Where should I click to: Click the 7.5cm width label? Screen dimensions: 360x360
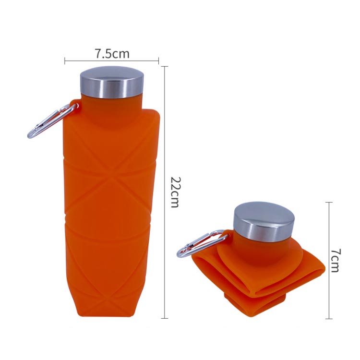coord(112,54)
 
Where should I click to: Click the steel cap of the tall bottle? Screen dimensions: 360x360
coord(112,83)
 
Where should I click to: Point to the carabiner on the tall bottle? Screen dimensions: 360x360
coord(52,121)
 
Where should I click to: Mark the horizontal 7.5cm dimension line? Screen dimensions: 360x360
coord(111,61)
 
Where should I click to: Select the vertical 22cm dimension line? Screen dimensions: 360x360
coord(165,192)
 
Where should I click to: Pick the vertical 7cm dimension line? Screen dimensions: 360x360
coord(329,261)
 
